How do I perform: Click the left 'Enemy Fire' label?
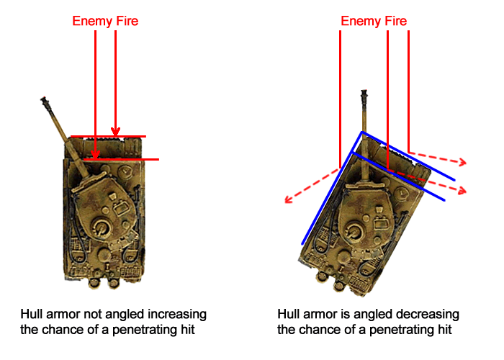click(x=105, y=21)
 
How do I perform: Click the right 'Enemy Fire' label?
click(x=374, y=21)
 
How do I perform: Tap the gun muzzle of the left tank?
click(x=45, y=100)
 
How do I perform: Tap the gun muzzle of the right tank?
click(x=364, y=95)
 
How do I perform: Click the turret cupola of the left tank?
click(x=102, y=228)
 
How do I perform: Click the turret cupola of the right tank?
click(x=354, y=230)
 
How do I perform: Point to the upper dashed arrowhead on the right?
click(x=462, y=162)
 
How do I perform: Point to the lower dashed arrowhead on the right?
click(x=462, y=191)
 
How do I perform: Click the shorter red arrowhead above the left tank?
click(x=115, y=132)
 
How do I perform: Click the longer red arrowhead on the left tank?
click(x=96, y=155)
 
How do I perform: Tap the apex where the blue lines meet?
click(x=362, y=132)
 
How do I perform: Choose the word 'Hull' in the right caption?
click(x=288, y=314)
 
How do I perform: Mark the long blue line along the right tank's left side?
click(x=332, y=189)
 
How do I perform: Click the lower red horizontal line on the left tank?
click(x=121, y=159)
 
